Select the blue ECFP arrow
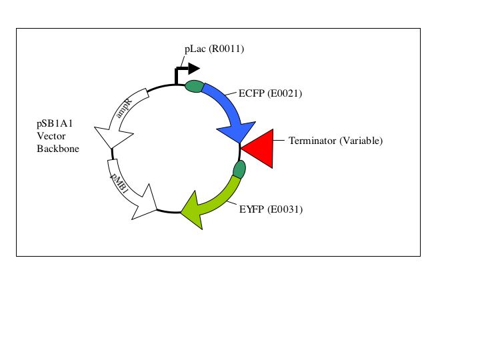[227, 107]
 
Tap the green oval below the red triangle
[239, 170]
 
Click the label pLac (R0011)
[210, 49]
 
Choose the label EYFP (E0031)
[271, 209]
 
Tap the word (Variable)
[361, 141]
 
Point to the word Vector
[51, 136]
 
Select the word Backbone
[57, 149]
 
